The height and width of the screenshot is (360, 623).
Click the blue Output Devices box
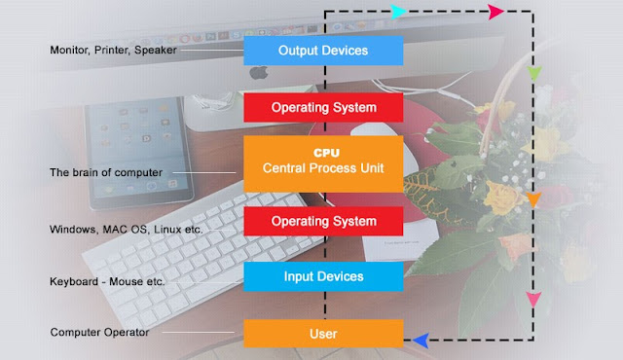[323, 50]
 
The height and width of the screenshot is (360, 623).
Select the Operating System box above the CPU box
[323, 105]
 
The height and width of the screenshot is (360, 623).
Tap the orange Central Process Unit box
[323, 162]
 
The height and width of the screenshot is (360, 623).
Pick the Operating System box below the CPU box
[323, 221]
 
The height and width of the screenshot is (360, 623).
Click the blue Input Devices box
[323, 276]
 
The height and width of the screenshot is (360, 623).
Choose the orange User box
[323, 334]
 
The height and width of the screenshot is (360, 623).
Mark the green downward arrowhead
[532, 74]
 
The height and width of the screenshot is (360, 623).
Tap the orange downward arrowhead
[532, 200]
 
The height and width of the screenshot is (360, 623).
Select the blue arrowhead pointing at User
[421, 340]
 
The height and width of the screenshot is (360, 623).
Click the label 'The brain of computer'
[105, 173]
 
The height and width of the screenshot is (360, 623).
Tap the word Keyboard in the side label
[74, 282]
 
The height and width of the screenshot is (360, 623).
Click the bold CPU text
[323, 153]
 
